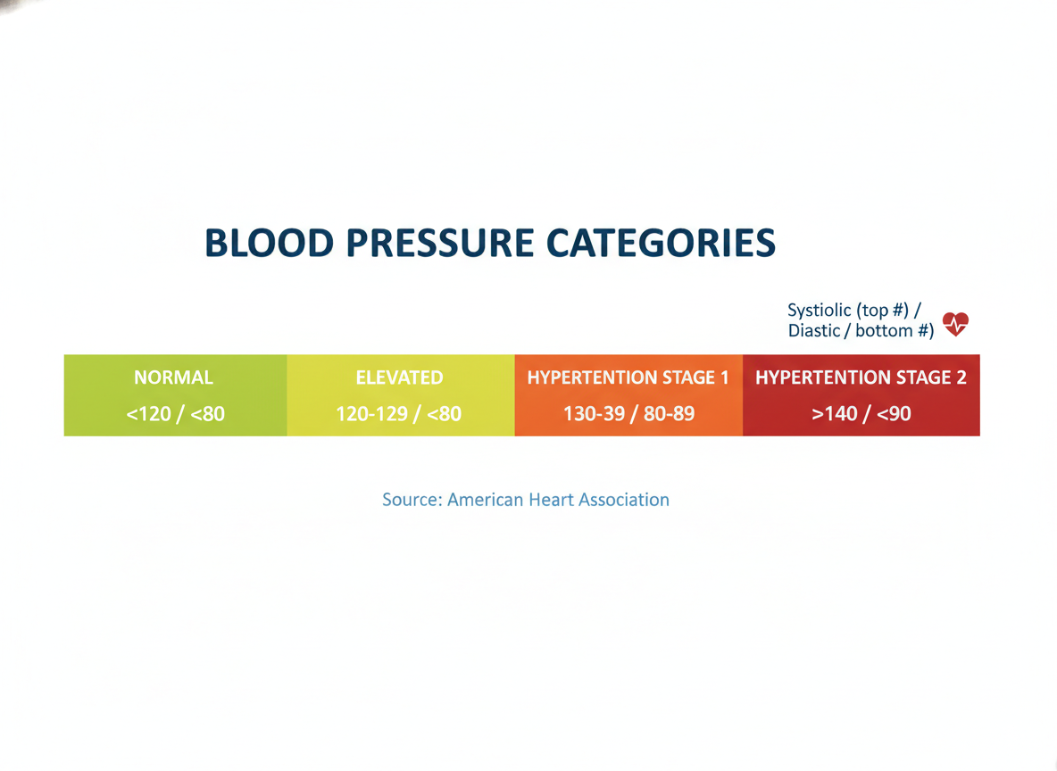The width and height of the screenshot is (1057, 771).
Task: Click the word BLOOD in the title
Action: pyautogui.click(x=270, y=243)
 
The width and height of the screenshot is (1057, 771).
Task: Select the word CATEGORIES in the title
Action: pyautogui.click(x=662, y=243)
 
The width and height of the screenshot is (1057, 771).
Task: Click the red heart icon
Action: pyautogui.click(x=955, y=324)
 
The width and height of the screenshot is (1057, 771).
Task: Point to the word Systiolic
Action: pyautogui.click(x=819, y=310)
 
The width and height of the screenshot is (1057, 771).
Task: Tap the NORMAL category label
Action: pyautogui.click(x=173, y=377)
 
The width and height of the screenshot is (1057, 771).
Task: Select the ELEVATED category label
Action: pyautogui.click(x=399, y=377)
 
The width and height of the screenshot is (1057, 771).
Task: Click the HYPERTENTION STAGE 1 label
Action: pyautogui.click(x=628, y=377)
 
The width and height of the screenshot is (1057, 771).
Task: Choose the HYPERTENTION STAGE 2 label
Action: pyautogui.click(x=861, y=377)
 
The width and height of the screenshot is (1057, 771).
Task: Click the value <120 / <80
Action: pyautogui.click(x=175, y=413)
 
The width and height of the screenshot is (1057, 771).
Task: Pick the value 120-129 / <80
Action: pyautogui.click(x=398, y=413)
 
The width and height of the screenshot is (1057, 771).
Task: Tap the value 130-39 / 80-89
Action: pyautogui.click(x=629, y=413)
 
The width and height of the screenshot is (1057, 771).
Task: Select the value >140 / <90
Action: pyautogui.click(x=861, y=413)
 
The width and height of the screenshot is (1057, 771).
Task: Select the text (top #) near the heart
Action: pyautogui.click(x=882, y=310)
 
